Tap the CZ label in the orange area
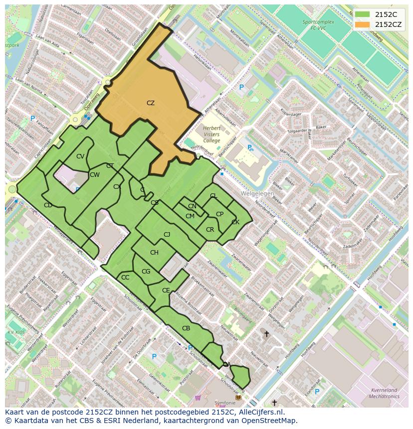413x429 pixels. (x=151, y=103)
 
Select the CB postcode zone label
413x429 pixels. (x=186, y=328)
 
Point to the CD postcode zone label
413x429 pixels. (x=48, y=205)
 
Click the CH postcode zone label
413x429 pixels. (x=154, y=253)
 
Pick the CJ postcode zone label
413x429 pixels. (x=167, y=234)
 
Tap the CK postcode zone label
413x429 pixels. (x=235, y=222)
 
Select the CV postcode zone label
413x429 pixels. (x=80, y=156)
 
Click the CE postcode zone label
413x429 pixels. (x=166, y=290)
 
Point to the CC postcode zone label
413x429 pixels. (x=125, y=277)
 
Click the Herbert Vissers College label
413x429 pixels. (x=211, y=134)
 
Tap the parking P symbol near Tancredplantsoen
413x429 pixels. (x=33, y=119)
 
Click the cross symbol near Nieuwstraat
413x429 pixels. (x=266, y=334)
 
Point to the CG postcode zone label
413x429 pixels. (x=146, y=271)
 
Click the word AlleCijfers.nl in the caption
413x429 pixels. (x=260, y=412)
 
